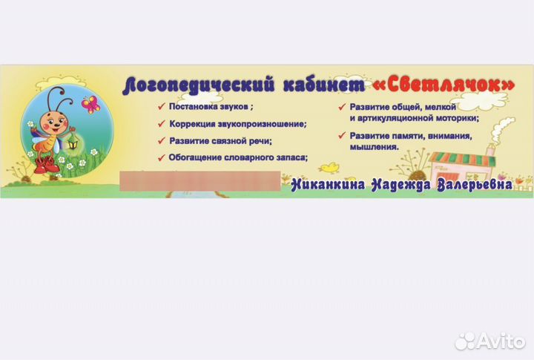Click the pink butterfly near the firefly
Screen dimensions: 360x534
(x=91, y=104)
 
